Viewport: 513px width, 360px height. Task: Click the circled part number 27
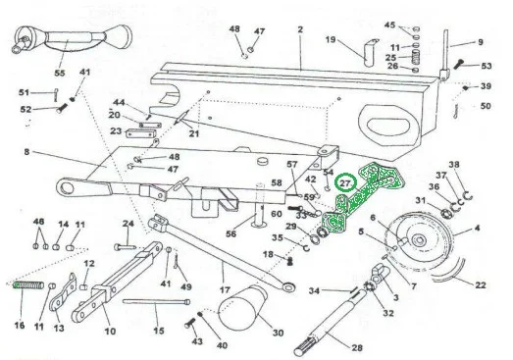345,183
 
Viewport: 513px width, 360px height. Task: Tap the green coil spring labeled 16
27,285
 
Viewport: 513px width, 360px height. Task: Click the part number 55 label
60,73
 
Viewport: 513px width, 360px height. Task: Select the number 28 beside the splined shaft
357,347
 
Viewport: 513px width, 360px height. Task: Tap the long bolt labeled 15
156,302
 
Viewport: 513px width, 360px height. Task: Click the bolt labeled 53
459,64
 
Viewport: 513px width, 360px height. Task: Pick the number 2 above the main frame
300,29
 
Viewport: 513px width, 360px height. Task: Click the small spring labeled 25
415,58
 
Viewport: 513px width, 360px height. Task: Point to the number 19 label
331,39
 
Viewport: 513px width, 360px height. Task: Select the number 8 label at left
26,152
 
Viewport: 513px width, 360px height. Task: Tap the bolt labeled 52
62,108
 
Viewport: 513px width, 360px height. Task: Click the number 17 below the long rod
225,290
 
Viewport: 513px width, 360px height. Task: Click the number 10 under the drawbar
110,331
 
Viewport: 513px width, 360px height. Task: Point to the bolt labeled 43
189,324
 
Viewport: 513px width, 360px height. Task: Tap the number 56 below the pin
231,233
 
